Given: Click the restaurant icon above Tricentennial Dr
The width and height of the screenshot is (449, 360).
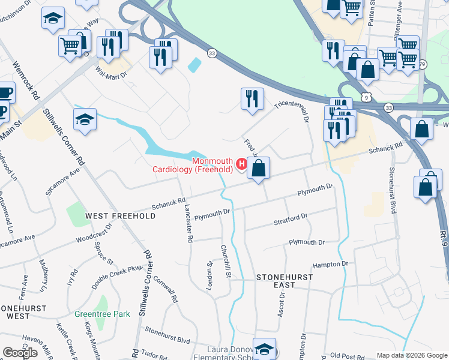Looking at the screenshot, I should pos(252,98).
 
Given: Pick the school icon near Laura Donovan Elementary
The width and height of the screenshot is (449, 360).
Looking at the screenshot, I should pos(264,349).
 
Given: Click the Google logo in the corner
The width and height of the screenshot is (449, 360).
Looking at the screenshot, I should pos(20,353).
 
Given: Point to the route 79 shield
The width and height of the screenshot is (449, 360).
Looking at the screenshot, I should pos(423,64).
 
